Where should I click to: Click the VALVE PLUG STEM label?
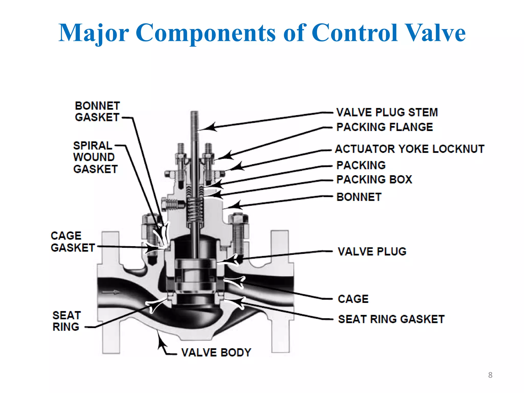click(x=387, y=112)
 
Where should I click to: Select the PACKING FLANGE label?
click(x=385, y=127)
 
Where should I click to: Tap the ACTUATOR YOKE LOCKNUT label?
click(x=410, y=149)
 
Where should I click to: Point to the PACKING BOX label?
click(x=374, y=179)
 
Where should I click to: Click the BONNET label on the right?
click(x=359, y=197)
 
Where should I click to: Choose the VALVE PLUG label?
click(x=372, y=252)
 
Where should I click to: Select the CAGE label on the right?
click(x=353, y=299)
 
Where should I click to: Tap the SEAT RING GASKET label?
click(x=391, y=319)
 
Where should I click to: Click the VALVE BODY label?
click(x=216, y=353)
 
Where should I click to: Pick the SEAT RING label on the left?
click(x=67, y=321)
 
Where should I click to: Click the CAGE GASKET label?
click(x=73, y=242)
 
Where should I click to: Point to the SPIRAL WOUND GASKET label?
click(x=95, y=157)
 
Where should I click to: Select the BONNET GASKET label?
click(x=97, y=112)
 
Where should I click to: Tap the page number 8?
click(x=490, y=375)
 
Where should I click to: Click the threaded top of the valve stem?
click(x=194, y=120)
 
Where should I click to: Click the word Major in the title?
click(x=94, y=33)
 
